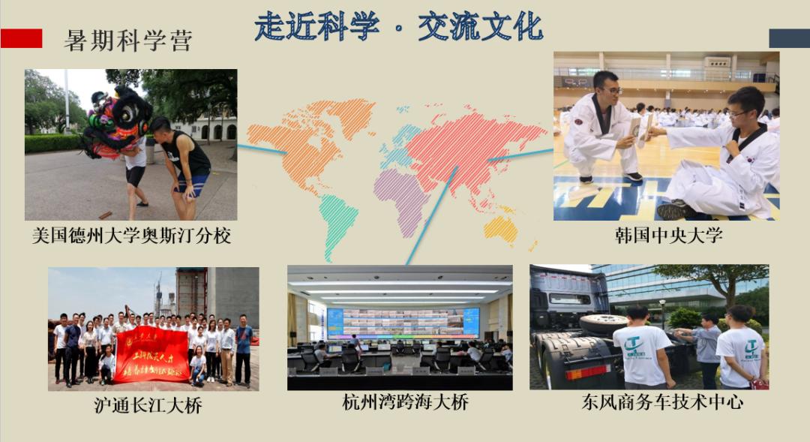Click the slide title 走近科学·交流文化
pyautogui.click(x=398, y=27)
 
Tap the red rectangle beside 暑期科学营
pyautogui.click(x=21, y=38)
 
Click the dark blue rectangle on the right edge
pyautogui.click(x=789, y=38)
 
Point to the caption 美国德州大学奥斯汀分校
pyautogui.click(x=131, y=236)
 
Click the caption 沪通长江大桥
pyautogui.click(x=148, y=406)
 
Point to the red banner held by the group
pyautogui.click(x=151, y=353)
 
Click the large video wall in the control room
pyautogui.click(x=403, y=322)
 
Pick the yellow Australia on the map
pyautogui.click(x=501, y=228)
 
